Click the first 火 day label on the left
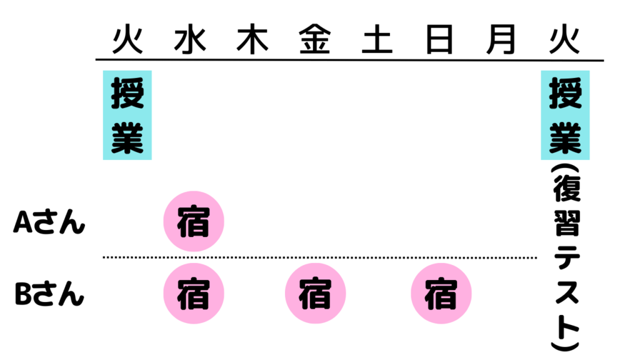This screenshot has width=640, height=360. (x=127, y=41)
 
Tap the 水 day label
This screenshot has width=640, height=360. (x=190, y=41)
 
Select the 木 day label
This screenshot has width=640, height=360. (x=252, y=41)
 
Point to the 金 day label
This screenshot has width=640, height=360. (x=315, y=41)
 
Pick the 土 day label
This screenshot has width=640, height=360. (x=377, y=41)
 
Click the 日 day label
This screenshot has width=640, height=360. (x=440, y=41)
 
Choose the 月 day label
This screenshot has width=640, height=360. (x=502, y=41)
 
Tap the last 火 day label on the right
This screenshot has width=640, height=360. (x=564, y=41)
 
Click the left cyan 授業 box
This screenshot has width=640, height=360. (x=127, y=115)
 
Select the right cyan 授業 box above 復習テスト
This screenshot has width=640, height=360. (x=565, y=115)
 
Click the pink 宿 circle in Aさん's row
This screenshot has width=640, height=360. (x=193, y=222)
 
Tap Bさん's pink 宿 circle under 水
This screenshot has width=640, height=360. (x=193, y=293)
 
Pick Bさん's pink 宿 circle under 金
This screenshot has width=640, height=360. (x=315, y=293)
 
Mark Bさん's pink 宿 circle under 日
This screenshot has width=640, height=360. (x=441, y=293)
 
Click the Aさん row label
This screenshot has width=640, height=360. (x=49, y=222)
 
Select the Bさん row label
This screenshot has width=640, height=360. (x=49, y=294)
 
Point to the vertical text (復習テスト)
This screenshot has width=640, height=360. (x=565, y=256)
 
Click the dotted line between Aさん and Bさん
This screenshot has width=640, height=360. (x=319, y=257)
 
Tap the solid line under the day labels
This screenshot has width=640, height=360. (x=350, y=61)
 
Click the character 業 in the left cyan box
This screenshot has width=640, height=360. (x=127, y=139)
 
